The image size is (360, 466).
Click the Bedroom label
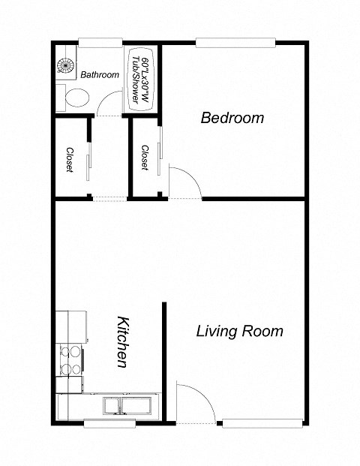pyautogui.click(x=232, y=118)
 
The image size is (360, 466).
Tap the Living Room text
pyautogui.click(x=239, y=331)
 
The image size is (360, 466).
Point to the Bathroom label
pyautogui.click(x=100, y=74)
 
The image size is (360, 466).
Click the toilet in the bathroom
pyautogui.click(x=76, y=96)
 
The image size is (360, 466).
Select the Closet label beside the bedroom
pyautogui.click(x=144, y=158)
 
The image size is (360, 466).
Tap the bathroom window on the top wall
pyautogui.click(x=100, y=43)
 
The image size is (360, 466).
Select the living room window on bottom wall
pyautogui.click(x=254, y=422)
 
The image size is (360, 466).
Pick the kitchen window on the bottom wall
pyautogui.click(x=109, y=423)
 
